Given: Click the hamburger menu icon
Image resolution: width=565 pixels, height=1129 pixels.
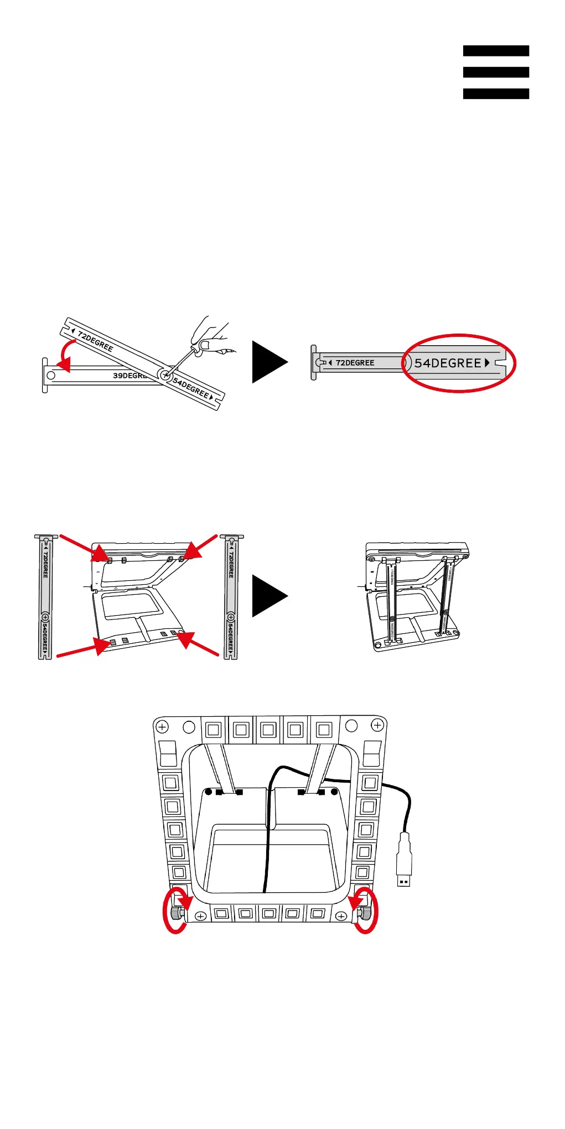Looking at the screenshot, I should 496,72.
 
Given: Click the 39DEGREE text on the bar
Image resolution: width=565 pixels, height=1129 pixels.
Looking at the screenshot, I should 128,376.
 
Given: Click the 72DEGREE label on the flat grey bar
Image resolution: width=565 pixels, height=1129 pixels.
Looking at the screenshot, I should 355,363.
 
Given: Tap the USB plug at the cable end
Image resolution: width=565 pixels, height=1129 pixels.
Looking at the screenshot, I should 404,860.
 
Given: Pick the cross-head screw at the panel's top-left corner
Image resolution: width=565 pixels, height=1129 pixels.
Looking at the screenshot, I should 162,726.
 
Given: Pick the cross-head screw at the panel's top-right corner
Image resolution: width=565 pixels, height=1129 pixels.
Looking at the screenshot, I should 377,725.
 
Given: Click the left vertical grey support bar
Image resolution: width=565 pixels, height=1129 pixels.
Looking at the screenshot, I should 45,597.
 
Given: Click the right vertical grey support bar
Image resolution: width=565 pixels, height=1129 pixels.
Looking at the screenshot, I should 231,597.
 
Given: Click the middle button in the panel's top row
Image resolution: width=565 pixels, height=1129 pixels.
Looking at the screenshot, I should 268,730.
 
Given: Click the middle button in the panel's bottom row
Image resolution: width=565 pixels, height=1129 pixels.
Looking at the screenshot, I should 269,913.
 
